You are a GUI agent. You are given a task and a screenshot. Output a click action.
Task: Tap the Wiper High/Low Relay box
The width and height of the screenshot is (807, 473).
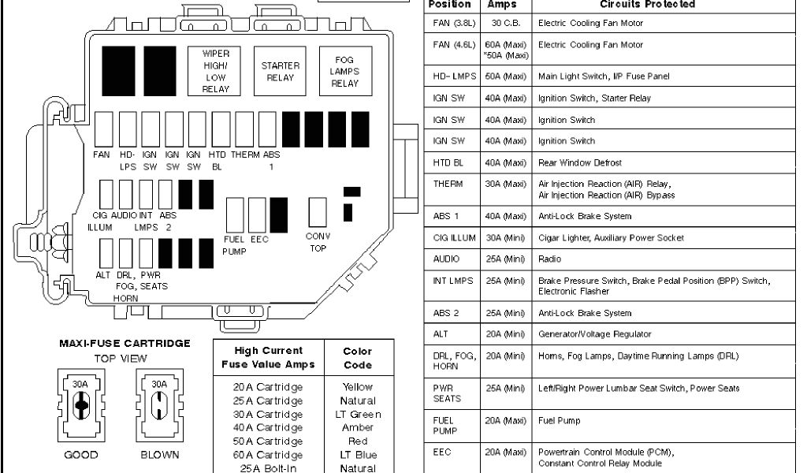pos(215,72)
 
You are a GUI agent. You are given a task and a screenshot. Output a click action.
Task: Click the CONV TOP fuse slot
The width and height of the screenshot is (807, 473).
pos(317,212)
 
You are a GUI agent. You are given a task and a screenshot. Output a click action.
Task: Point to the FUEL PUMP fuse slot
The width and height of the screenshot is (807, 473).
pos(235,214)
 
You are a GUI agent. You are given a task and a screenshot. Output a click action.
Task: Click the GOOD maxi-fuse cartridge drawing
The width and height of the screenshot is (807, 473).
pos(80,405)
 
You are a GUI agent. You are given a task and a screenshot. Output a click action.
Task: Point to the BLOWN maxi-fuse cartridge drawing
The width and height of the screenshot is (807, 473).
pos(159,405)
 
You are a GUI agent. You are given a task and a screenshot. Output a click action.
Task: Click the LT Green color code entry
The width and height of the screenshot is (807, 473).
pos(359,415)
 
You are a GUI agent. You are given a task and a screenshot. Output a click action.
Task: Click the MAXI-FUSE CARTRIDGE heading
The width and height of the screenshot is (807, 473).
pos(125,344)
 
